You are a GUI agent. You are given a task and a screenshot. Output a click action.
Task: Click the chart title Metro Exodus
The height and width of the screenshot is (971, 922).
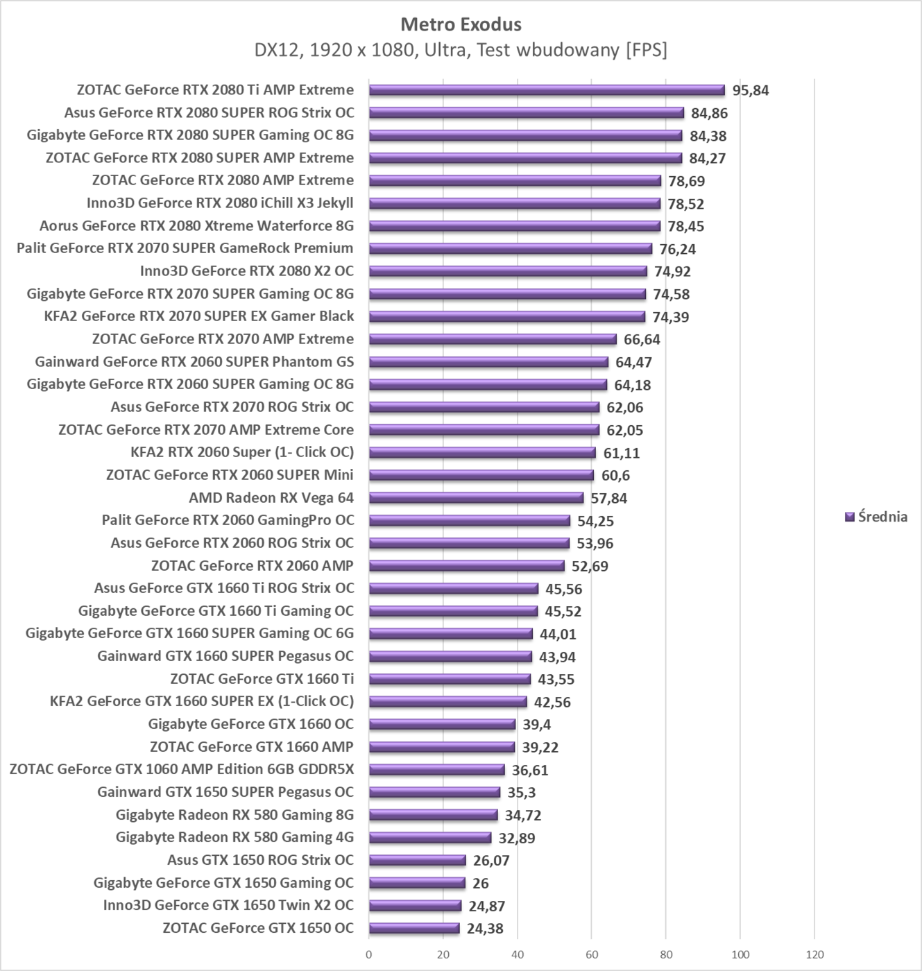pyautogui.click(x=461, y=24)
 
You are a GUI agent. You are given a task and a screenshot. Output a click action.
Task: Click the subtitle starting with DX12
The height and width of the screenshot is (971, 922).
pyautogui.click(x=461, y=50)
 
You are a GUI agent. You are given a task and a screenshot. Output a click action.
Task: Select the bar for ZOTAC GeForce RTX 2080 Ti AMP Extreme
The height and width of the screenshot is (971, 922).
pyautogui.click(x=547, y=90)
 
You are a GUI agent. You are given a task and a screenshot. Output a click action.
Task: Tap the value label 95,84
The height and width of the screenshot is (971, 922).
pyautogui.click(x=751, y=90)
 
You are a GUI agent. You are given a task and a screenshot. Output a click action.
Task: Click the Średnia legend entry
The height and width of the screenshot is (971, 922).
pyautogui.click(x=876, y=517)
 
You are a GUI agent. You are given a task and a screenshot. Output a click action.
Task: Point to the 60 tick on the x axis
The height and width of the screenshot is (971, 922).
pyautogui.click(x=591, y=954)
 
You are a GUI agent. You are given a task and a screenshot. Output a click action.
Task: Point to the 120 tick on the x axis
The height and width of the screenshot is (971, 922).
pyautogui.click(x=814, y=954)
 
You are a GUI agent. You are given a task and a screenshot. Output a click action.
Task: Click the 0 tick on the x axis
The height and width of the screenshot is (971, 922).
pyautogui.click(x=369, y=954)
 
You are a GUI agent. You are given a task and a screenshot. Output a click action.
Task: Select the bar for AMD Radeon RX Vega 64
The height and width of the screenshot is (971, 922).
pyautogui.click(x=476, y=498)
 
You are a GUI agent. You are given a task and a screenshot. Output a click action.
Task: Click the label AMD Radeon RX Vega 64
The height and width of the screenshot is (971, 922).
pyautogui.click(x=271, y=498)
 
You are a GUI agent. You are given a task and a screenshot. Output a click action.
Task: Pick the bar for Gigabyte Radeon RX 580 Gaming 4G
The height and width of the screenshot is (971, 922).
pyautogui.click(x=430, y=838)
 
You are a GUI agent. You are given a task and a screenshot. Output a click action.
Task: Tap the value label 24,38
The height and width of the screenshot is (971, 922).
pyautogui.click(x=485, y=928)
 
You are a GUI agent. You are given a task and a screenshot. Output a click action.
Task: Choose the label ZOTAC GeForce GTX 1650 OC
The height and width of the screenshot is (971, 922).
pyautogui.click(x=258, y=928)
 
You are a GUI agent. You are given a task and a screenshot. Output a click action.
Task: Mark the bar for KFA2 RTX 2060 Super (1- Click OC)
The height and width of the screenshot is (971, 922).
pyautogui.click(x=482, y=453)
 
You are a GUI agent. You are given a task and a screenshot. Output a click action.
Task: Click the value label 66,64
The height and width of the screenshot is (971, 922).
pyautogui.click(x=642, y=339)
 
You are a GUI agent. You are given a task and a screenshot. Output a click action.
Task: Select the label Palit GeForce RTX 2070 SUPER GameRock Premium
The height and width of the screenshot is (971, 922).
pyautogui.click(x=185, y=248)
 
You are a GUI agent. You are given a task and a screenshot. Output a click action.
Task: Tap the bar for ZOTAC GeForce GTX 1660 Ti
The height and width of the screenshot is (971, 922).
pyautogui.click(x=450, y=679)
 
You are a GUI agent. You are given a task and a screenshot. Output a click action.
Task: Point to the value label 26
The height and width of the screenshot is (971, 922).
pyautogui.click(x=480, y=883)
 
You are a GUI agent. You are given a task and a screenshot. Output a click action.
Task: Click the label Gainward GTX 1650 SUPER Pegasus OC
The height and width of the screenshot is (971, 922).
pyautogui.click(x=225, y=792)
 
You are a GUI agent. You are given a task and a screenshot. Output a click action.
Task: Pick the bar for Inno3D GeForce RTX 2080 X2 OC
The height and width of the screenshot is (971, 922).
pyautogui.click(x=508, y=271)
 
